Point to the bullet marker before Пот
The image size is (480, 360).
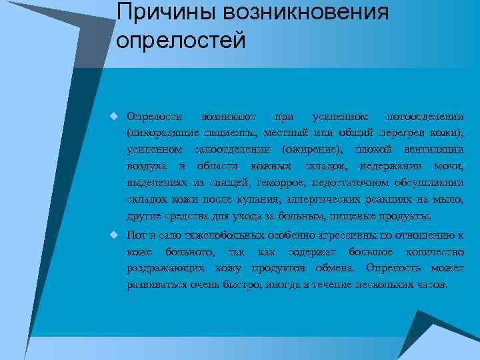[x=114, y=235]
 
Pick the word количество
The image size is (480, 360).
[x=433, y=252]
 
